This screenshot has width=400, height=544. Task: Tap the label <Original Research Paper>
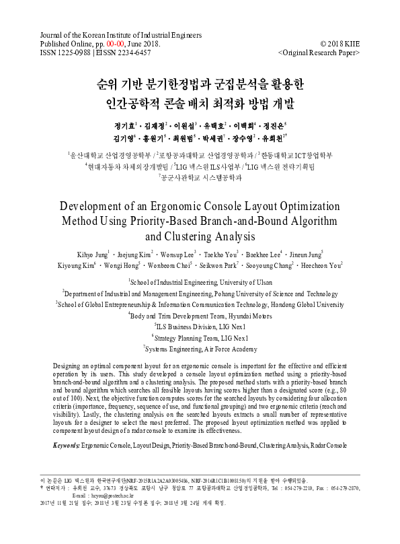point(319,51)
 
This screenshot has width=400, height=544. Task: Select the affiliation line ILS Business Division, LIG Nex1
point(200,326)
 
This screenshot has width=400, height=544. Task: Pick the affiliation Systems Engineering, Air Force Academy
point(200,349)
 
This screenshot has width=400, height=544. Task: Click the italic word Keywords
point(66,446)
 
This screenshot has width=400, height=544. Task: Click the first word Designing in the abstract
point(70,364)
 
